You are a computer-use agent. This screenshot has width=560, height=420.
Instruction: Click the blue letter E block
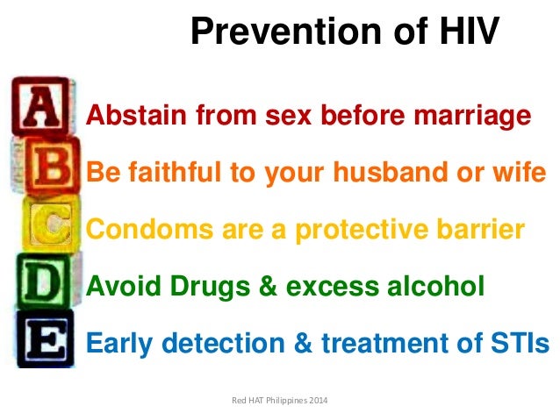(x=45, y=338)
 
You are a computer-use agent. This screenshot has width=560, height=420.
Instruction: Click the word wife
(x=519, y=173)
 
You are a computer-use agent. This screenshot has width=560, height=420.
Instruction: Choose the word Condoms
(x=139, y=230)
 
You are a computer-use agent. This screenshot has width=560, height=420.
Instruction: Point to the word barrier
(x=483, y=230)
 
